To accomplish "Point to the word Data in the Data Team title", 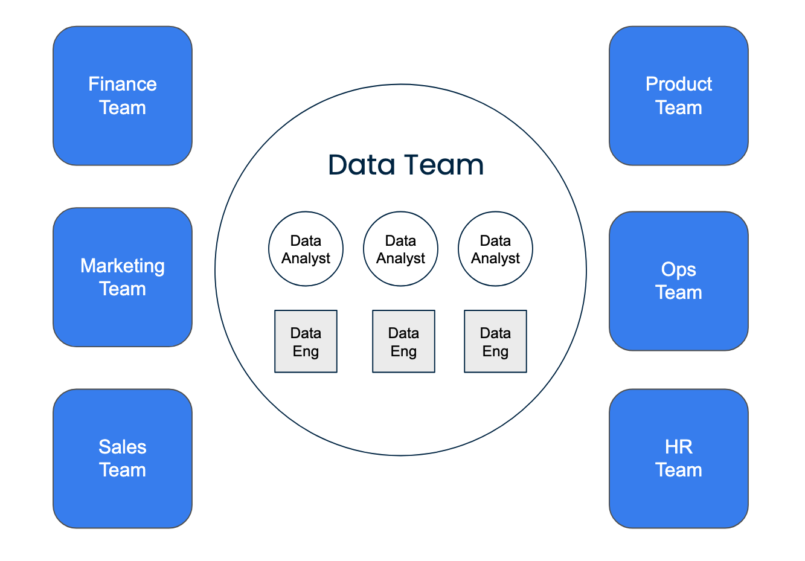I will (x=361, y=165).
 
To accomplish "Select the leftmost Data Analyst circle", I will (x=306, y=249).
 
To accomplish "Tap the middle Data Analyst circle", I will (x=400, y=249).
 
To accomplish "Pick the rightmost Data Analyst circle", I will (x=495, y=249).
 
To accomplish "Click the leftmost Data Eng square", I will (x=306, y=342).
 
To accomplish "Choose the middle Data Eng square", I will (x=403, y=342).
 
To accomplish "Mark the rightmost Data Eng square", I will (x=495, y=342).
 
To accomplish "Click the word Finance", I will (x=123, y=84).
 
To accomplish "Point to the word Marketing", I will (x=123, y=266).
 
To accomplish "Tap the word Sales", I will (x=123, y=447).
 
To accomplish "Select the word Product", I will (x=679, y=84).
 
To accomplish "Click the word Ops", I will (x=679, y=269).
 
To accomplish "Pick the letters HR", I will (x=679, y=447).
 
